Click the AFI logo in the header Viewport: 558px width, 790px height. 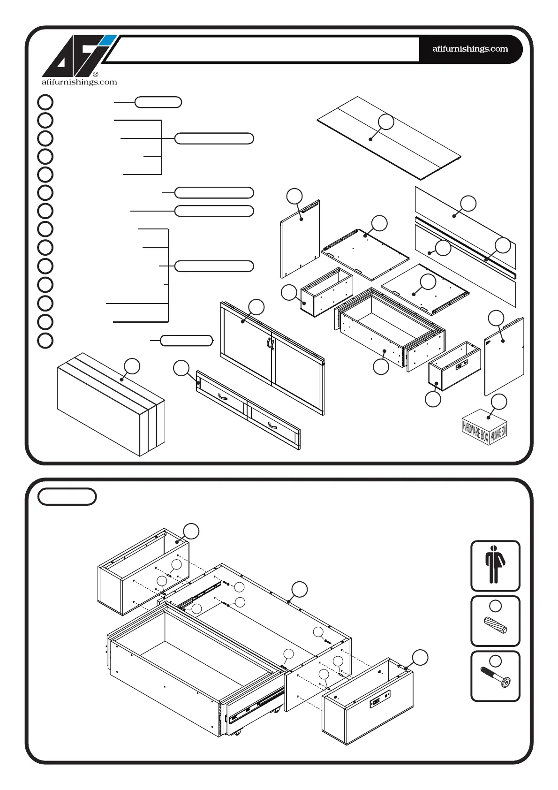[77, 57]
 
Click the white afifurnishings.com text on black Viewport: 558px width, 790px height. [470, 49]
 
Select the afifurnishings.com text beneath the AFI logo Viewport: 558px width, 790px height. [79, 82]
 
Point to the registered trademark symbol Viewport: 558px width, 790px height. [96, 74]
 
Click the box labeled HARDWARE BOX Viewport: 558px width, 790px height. [484, 427]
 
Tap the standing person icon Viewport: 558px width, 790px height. [495, 565]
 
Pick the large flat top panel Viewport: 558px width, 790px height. [389, 138]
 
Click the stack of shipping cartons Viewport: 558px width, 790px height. [111, 404]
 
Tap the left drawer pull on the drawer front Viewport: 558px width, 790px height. [223, 398]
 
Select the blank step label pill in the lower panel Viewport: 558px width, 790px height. [67, 497]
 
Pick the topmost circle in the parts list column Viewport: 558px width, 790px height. [45, 102]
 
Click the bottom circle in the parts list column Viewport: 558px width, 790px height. [45, 341]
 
